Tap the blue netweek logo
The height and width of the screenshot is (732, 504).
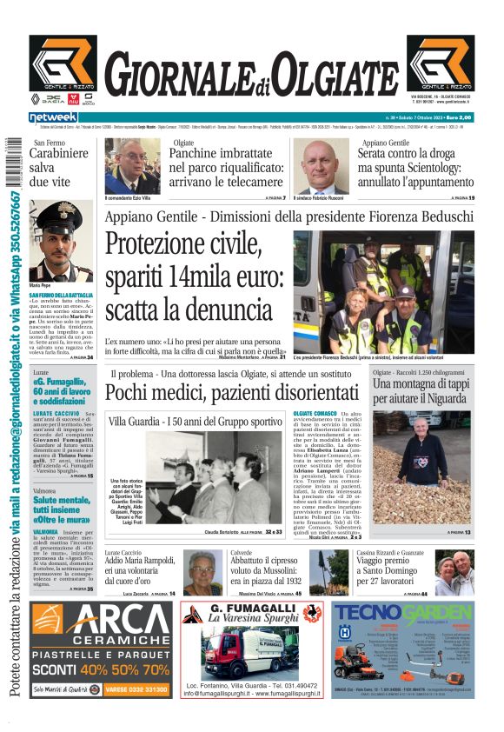pyautogui.click(x=53, y=117)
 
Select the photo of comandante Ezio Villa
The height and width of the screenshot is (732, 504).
pyautogui.click(x=132, y=165)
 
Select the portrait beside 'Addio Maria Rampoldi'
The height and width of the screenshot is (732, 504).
pyautogui.click(x=201, y=573)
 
